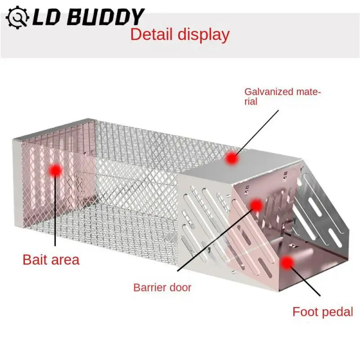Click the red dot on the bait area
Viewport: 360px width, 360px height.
coord(55,170)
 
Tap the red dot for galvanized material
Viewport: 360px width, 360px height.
coord(232,158)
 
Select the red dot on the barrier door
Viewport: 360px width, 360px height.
coord(256,206)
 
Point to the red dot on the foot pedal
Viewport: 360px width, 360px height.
coord(287,263)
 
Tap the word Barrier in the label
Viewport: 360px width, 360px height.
coord(149,287)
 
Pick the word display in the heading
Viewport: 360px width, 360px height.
coord(203,35)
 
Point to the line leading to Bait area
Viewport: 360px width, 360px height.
coord(55,211)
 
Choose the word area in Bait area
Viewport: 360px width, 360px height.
coord(64,260)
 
